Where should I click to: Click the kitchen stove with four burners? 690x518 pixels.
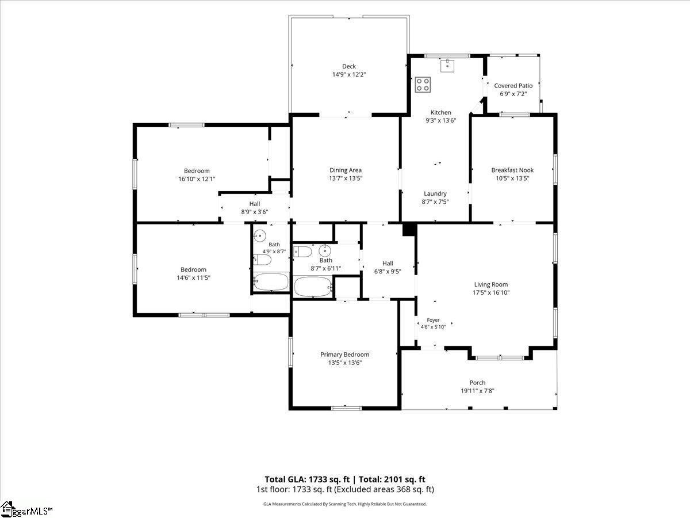(x=423, y=85)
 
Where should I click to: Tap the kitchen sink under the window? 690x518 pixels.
(x=447, y=66)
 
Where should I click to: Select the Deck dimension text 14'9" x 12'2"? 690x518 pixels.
(x=349, y=75)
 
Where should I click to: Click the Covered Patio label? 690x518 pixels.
(x=513, y=86)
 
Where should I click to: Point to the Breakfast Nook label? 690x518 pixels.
(x=512, y=170)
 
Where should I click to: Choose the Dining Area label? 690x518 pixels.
(x=346, y=170)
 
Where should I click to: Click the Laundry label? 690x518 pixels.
(x=435, y=194)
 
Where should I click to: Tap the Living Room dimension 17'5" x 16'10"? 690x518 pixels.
(x=491, y=292)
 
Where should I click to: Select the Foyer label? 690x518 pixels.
(x=433, y=320)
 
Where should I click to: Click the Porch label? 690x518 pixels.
(x=477, y=383)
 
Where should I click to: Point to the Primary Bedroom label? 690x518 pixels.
(x=345, y=355)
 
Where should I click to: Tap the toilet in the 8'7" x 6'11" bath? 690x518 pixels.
(x=302, y=252)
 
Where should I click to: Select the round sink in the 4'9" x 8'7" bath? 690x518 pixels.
(x=260, y=235)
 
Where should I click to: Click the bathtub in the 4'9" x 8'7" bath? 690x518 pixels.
(x=271, y=281)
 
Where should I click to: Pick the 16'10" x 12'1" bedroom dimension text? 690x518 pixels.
(x=197, y=179)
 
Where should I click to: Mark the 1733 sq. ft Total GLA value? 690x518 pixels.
(x=329, y=479)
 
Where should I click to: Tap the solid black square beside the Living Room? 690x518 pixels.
(x=409, y=229)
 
